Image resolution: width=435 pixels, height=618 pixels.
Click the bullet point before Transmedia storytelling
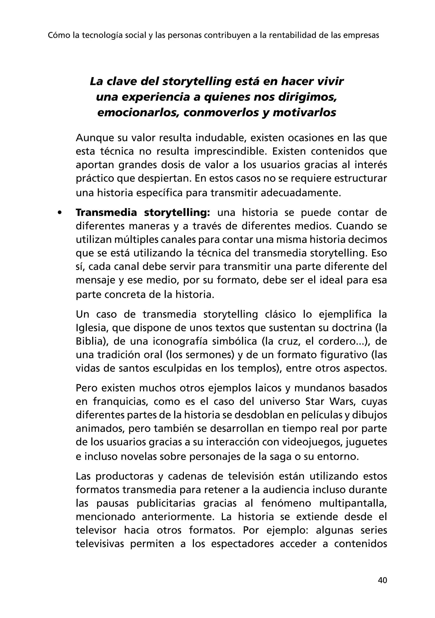(59, 213)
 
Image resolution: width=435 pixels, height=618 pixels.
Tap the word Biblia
(91, 341)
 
